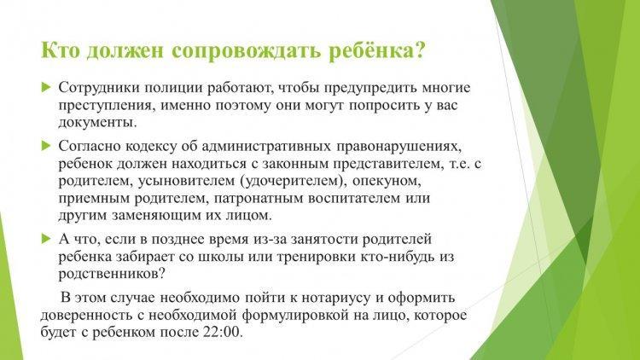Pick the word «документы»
click(x=97, y=123)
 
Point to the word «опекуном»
click(x=386, y=181)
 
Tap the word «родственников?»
click(x=112, y=274)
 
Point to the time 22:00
click(x=223, y=332)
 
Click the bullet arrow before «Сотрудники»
click(x=46, y=87)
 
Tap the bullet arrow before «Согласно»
click(x=46, y=146)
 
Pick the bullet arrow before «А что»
click(x=46, y=239)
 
